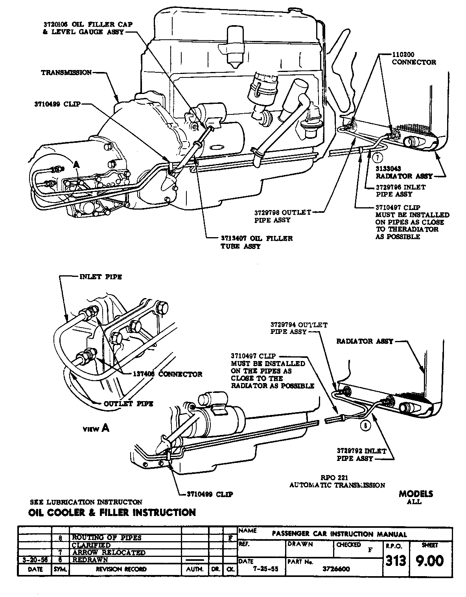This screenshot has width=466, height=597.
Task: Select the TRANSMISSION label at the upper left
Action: coord(66,73)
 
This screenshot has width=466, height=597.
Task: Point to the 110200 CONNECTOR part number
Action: coord(403,55)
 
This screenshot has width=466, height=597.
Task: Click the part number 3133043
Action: coord(390,169)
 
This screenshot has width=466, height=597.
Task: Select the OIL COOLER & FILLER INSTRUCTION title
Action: coord(112,512)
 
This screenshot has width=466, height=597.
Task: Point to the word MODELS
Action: coord(416,494)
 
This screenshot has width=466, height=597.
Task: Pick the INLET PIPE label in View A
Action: coord(101,277)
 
